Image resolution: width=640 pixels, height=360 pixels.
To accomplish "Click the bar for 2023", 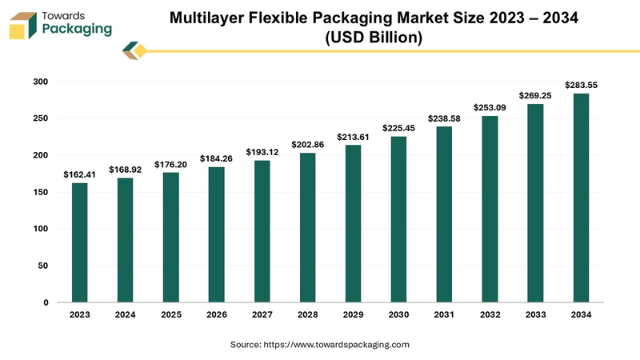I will [x=79, y=242].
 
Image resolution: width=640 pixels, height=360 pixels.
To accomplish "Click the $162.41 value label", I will [x=79, y=174].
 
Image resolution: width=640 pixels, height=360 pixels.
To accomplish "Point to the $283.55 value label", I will [x=581, y=84].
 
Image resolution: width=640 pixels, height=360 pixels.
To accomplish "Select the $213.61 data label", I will [x=353, y=137].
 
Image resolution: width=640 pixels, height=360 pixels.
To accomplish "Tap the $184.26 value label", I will [x=216, y=158].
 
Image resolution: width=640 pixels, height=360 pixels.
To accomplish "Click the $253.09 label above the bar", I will [x=490, y=107].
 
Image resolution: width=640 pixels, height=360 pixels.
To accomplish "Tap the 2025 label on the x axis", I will [x=170, y=315].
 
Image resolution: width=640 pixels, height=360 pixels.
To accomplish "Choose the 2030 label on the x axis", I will [x=398, y=315].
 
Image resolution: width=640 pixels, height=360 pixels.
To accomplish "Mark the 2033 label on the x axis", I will [x=535, y=315].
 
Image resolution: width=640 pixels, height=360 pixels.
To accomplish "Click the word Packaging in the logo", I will [x=77, y=30].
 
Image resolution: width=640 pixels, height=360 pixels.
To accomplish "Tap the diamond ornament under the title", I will [x=136, y=51].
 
